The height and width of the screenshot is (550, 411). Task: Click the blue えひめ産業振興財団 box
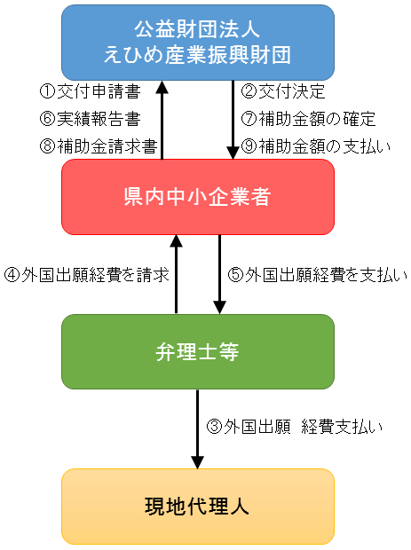198,43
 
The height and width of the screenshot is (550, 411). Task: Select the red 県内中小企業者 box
198,197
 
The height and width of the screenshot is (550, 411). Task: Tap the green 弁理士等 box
198,351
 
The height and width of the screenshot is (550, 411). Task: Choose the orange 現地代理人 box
198,507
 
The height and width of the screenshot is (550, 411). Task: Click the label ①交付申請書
91,91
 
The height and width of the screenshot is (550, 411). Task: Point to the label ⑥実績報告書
91,119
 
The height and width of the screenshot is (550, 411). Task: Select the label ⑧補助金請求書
99,146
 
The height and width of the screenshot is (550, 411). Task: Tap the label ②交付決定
283,91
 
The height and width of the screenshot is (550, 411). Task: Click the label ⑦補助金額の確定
309,119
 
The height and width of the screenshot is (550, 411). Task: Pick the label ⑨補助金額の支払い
316,146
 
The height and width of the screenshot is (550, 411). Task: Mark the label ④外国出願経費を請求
87,275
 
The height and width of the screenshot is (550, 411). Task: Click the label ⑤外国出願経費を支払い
317,275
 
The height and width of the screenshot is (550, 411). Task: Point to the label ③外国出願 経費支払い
294,427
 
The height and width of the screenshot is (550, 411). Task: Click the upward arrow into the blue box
162,120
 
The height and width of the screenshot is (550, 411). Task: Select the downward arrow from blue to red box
233,120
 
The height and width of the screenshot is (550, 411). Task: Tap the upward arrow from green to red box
176,274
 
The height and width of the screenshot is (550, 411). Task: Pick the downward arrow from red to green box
220,274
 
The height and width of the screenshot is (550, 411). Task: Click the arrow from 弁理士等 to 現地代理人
197,429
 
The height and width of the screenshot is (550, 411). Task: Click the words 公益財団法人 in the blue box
197,30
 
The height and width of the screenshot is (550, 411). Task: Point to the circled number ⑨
249,146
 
